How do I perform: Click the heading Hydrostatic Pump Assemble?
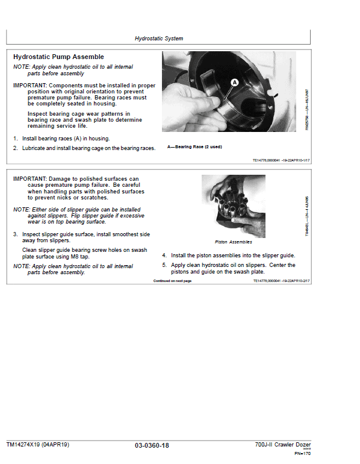coord(58,57)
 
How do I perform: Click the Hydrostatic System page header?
coord(158,39)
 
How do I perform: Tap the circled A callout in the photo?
coord(235,81)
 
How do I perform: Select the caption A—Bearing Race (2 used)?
coord(194,146)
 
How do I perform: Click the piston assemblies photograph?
coord(234,205)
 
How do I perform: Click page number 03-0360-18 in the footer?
coord(152,445)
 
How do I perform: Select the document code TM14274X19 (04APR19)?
coord(38,445)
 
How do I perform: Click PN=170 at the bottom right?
coord(302,453)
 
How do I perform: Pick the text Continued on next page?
coord(172,281)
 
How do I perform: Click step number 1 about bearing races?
coord(16,139)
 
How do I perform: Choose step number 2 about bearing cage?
coord(16,148)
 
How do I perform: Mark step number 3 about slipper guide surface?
coord(16,234)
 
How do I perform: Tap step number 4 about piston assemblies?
coord(164,256)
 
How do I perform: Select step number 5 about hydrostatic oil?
coord(164,265)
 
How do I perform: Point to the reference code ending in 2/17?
coord(281,281)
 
